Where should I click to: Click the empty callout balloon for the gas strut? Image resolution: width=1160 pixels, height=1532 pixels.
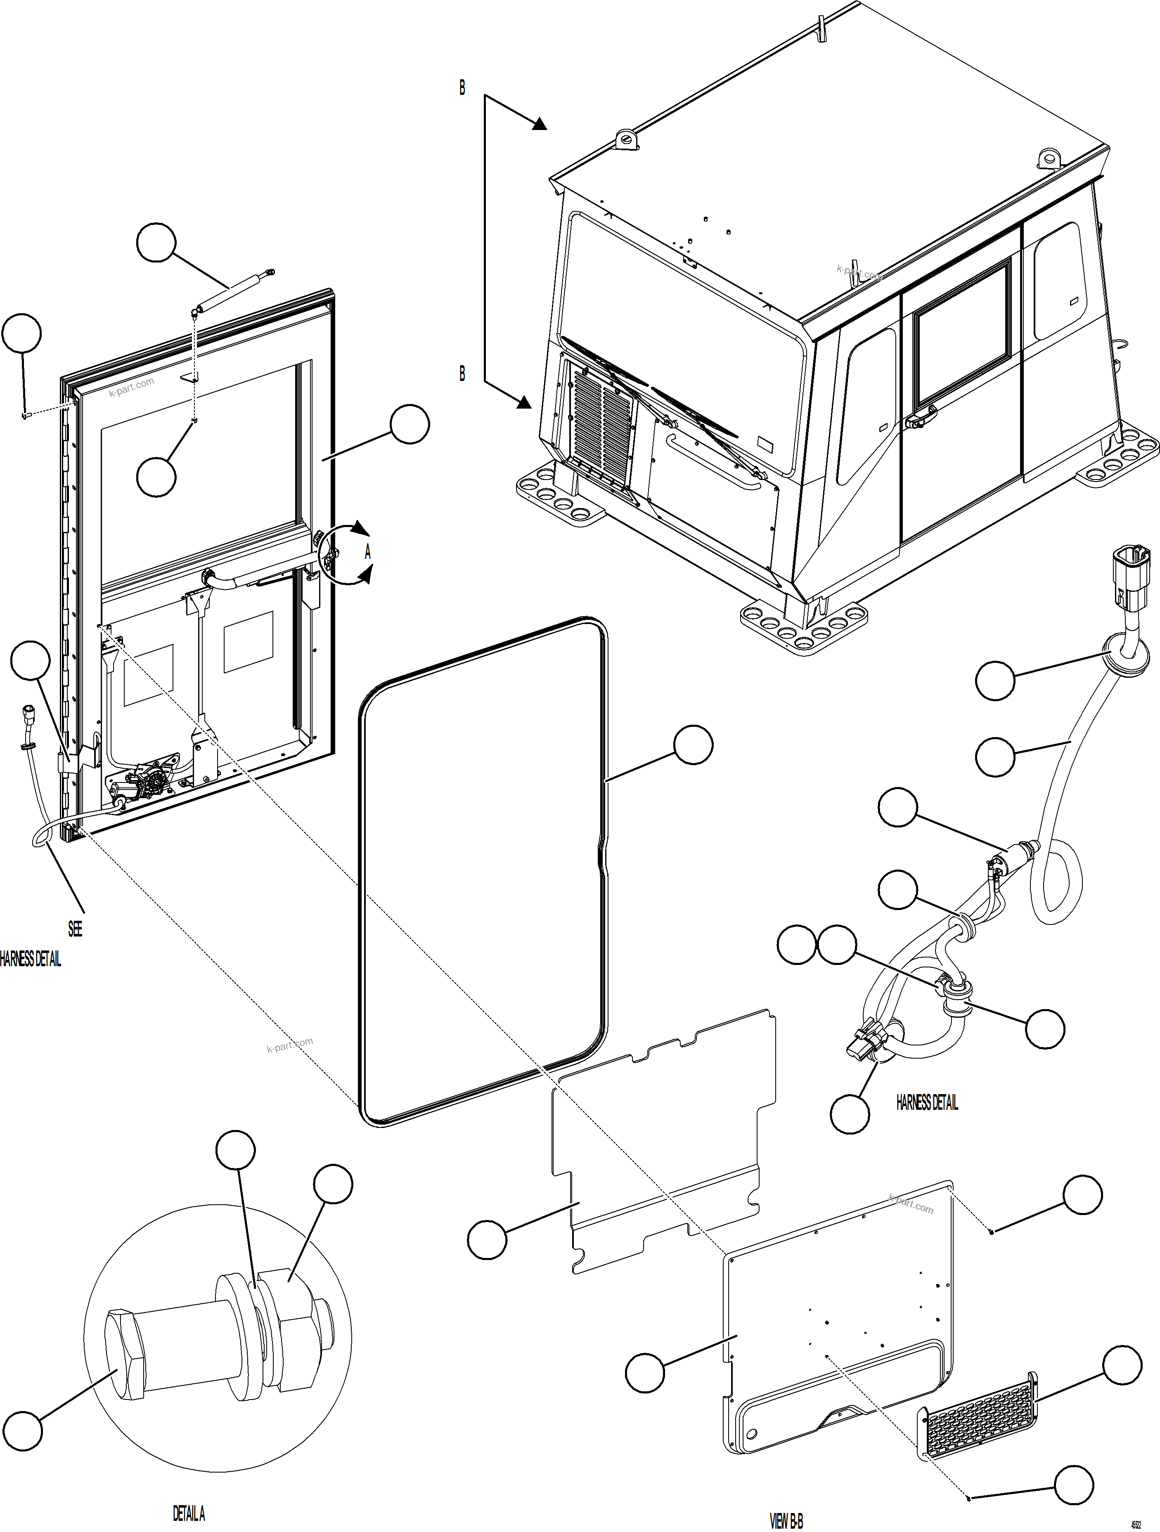pos(156,242)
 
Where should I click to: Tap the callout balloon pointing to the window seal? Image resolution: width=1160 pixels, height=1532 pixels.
pos(693,745)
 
